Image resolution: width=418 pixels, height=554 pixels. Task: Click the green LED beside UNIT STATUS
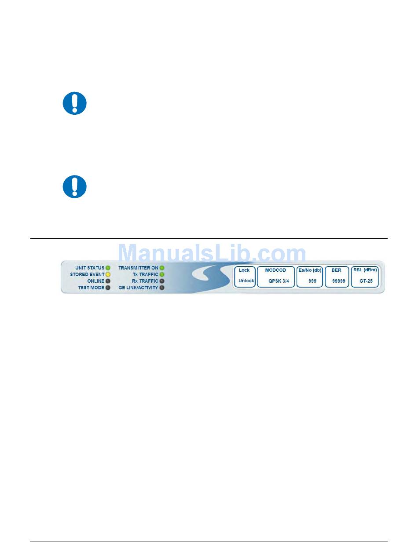click(x=108, y=268)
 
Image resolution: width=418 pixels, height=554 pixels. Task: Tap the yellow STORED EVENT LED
click(x=108, y=274)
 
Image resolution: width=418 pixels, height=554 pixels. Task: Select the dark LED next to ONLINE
click(x=108, y=281)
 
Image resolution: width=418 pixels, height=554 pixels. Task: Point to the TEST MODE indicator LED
click(x=108, y=288)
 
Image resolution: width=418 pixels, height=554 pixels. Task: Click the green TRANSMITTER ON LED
click(x=162, y=268)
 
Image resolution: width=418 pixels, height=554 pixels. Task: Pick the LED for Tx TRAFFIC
click(x=162, y=274)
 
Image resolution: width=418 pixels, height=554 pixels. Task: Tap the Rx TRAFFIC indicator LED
click(x=162, y=281)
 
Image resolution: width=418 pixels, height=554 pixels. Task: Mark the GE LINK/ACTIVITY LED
click(x=162, y=288)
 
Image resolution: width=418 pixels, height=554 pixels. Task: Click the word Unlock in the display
click(x=246, y=281)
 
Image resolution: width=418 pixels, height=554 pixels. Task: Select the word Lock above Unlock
click(x=244, y=270)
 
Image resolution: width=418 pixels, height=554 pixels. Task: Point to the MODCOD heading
click(x=275, y=270)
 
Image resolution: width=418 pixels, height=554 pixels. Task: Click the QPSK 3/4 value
click(x=279, y=281)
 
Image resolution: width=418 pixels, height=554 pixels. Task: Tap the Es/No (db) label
click(x=309, y=270)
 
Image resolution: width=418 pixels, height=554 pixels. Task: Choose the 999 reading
click(x=312, y=281)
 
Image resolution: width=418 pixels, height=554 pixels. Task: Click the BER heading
click(x=336, y=270)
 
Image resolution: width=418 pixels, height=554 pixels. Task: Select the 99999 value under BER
click(x=339, y=281)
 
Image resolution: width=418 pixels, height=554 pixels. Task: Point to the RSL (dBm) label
click(x=365, y=270)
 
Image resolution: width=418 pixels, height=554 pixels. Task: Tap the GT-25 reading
click(x=366, y=281)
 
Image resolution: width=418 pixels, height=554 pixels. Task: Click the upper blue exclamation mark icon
click(x=74, y=103)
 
